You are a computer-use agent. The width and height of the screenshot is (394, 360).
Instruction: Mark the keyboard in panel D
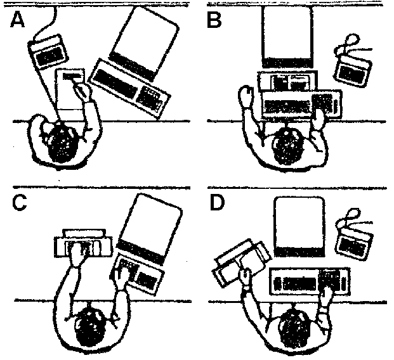(309, 281)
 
